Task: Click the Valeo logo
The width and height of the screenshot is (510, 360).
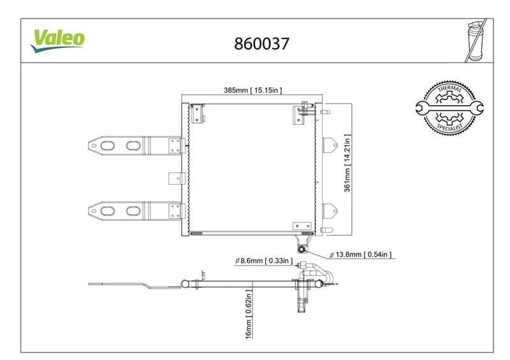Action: (x=58, y=40)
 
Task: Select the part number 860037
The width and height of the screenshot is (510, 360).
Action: (x=261, y=43)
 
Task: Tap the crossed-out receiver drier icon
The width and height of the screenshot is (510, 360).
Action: (x=475, y=40)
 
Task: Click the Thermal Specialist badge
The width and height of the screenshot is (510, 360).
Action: (x=449, y=108)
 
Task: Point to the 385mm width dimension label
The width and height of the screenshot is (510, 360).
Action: (x=252, y=90)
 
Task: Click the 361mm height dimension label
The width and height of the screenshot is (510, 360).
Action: (x=347, y=163)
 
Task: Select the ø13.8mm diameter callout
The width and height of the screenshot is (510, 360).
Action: (x=360, y=255)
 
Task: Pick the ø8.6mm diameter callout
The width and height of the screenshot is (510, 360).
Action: (x=264, y=261)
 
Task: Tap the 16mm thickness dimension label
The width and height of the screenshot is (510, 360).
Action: (x=249, y=315)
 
